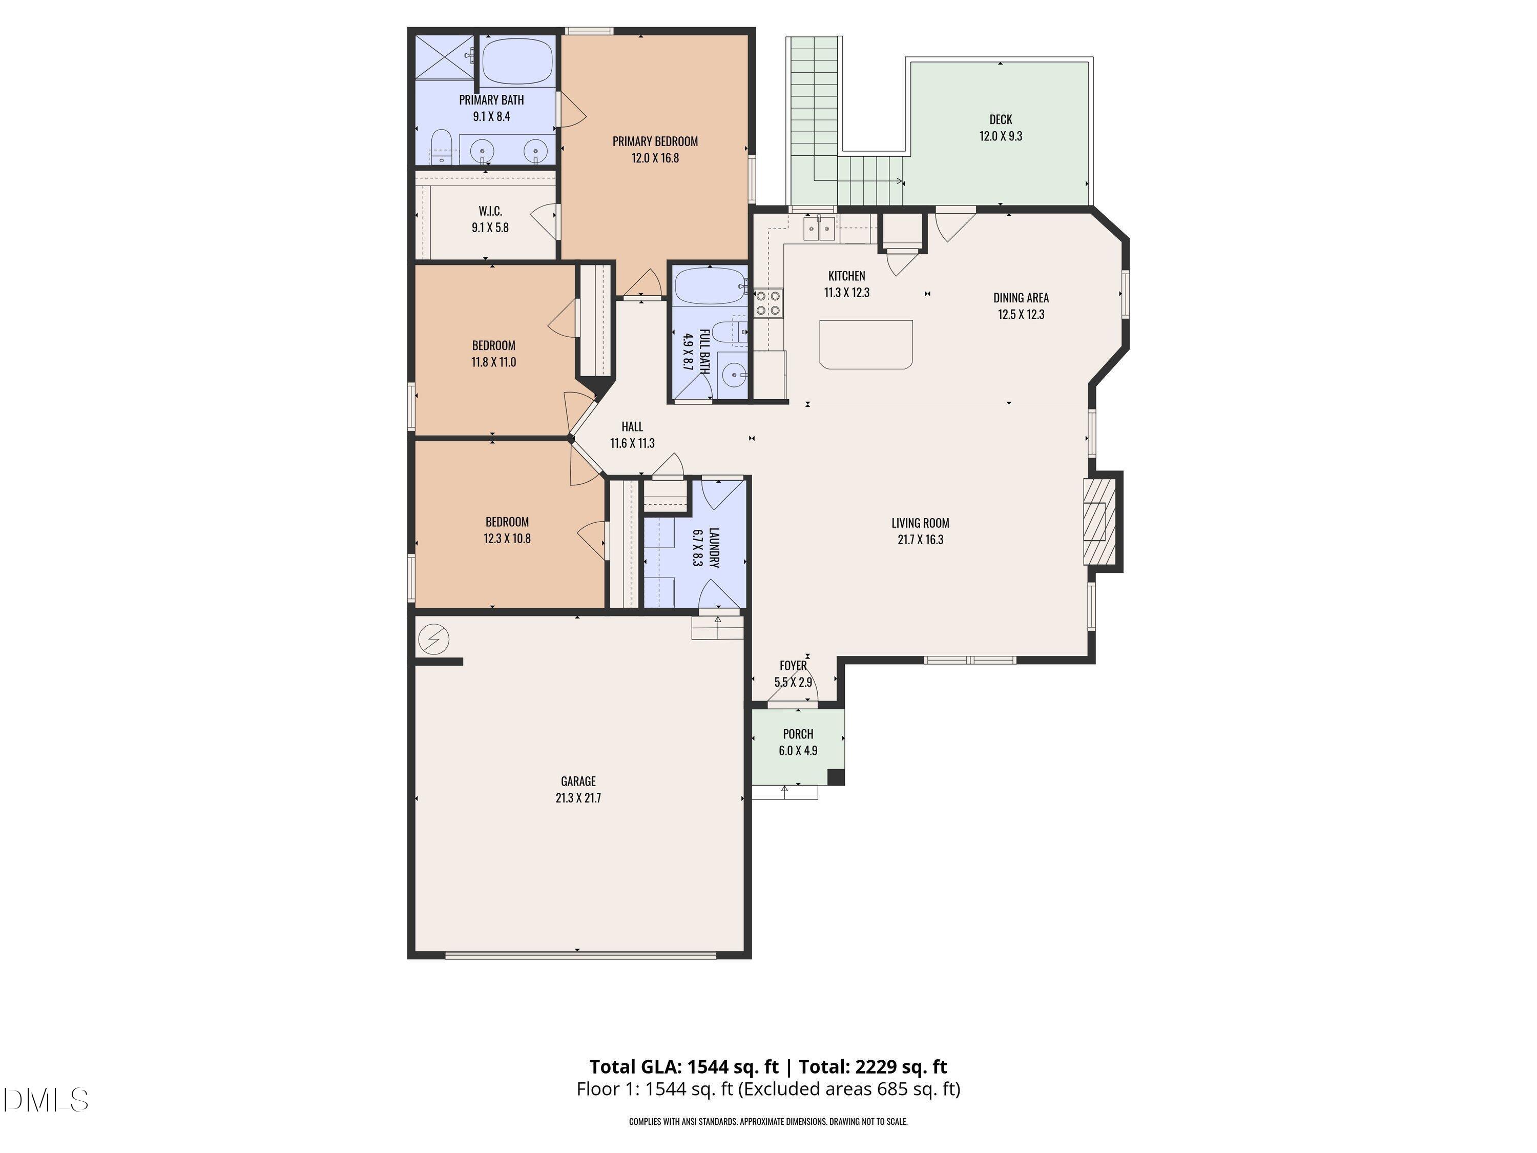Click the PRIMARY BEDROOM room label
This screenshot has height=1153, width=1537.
point(655,141)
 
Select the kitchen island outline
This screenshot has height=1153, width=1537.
point(865,343)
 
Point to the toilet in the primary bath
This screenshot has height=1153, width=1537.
point(441,147)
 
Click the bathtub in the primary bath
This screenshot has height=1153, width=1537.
point(517,60)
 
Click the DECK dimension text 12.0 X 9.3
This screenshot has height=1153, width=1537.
point(1001,136)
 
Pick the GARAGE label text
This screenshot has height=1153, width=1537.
point(578,781)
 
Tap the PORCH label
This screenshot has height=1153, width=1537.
point(798,734)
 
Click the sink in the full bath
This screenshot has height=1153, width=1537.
point(733,375)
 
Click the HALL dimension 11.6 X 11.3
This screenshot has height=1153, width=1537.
point(632,443)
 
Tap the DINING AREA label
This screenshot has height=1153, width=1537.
point(1021,297)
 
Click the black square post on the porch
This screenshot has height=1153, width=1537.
point(836,776)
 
